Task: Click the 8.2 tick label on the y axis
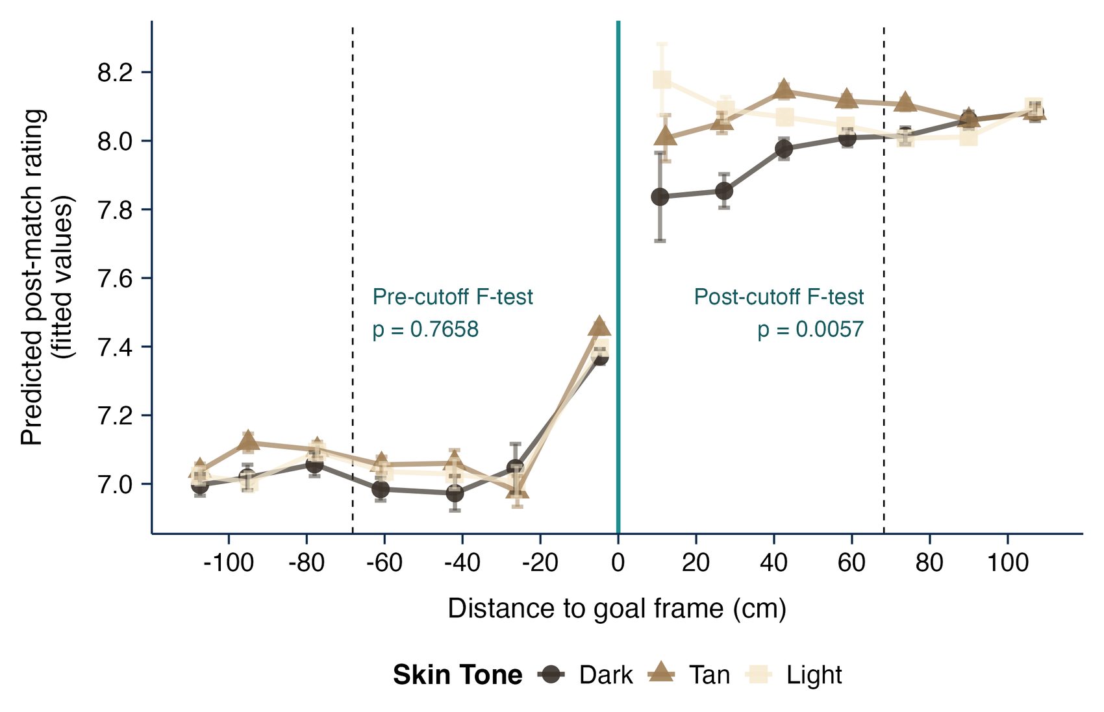(x=116, y=73)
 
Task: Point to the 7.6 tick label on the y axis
(x=116, y=279)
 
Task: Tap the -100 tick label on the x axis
(x=229, y=563)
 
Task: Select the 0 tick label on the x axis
(x=618, y=563)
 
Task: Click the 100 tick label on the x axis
(x=1008, y=563)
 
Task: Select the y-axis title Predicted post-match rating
(x=34, y=278)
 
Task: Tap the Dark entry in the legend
(x=586, y=675)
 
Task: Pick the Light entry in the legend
(x=794, y=675)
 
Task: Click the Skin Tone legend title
(x=457, y=675)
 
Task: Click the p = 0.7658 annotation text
(x=425, y=330)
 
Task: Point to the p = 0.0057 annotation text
(x=810, y=330)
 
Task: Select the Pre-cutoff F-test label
(x=453, y=297)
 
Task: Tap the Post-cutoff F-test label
(x=779, y=297)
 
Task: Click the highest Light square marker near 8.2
(x=662, y=79)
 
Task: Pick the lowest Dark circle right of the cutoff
(x=660, y=197)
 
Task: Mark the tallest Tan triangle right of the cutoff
(x=784, y=90)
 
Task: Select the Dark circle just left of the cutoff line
(x=600, y=356)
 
